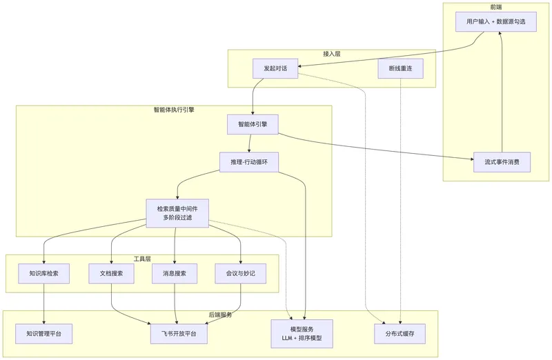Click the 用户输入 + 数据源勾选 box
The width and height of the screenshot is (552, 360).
coord(495,22)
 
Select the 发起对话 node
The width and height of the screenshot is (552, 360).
coord(275,68)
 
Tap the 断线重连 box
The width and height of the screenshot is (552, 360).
coord(401,68)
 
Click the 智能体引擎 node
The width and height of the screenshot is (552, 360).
coord(253,124)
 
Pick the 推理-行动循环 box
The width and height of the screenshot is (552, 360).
coord(249,162)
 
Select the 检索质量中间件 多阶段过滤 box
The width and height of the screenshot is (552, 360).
coord(177,213)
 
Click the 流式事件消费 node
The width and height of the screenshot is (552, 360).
coord(502,162)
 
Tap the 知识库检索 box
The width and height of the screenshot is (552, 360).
coord(44,273)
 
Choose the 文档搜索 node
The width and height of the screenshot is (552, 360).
coord(111,273)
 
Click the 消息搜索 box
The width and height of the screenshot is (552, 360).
coord(175,273)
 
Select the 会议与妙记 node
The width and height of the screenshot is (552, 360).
coord(240,273)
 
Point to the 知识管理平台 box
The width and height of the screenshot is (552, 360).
coord(44,334)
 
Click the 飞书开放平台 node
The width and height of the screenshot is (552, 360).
coord(179,334)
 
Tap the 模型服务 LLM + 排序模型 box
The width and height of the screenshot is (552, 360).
coord(302,334)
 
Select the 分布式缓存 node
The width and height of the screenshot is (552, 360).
coord(400,334)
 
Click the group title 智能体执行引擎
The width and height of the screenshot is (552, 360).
coord(174,110)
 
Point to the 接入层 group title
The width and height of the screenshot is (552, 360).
coord(332,54)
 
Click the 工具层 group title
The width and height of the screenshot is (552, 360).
coord(142,259)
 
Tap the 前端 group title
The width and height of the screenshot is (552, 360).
coord(496,7)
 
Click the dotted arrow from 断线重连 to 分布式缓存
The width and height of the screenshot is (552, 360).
coord(401,201)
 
